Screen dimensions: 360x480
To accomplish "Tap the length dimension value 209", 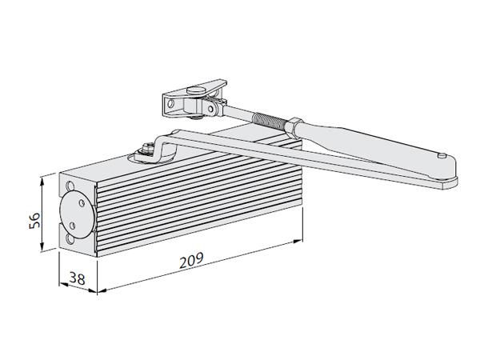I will tap(190, 260).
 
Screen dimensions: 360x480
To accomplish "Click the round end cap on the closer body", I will tap(78, 212).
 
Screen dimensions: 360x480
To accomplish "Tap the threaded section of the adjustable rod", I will tap(269, 122).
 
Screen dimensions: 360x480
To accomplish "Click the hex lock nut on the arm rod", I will tap(294, 126).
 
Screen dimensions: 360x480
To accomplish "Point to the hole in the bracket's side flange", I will tap(169, 102).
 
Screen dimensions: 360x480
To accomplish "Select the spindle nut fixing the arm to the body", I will tap(149, 147).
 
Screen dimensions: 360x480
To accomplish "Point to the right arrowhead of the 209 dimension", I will tap(302, 238).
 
